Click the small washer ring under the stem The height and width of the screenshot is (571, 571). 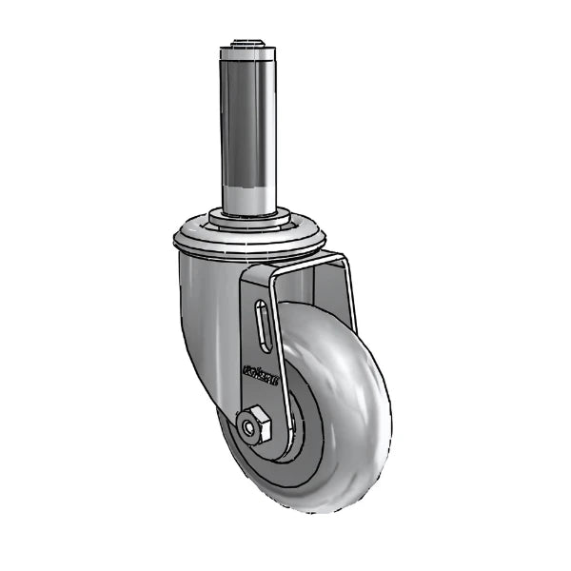[250, 218]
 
